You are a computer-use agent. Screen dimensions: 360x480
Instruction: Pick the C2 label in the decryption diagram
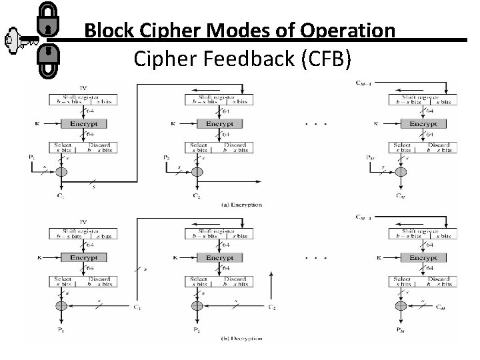272,307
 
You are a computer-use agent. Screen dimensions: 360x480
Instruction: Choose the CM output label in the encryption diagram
398,196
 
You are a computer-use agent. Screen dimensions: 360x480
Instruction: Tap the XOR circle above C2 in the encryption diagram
196,172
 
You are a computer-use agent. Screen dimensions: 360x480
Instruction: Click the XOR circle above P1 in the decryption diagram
61,306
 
